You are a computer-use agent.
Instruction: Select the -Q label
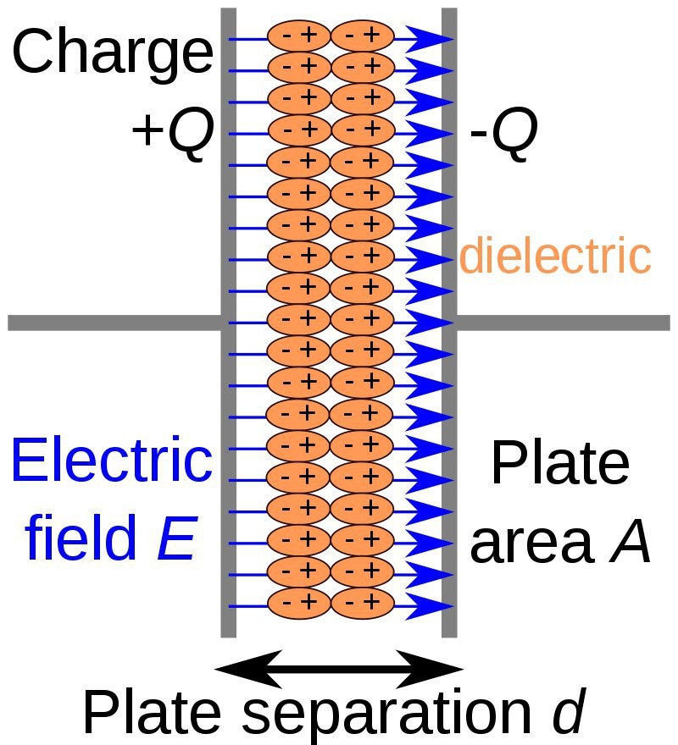pos(503,135)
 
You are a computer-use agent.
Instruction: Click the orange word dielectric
pos(555,256)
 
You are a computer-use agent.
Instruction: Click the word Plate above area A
pos(560,464)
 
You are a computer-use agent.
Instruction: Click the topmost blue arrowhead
pos(429,38)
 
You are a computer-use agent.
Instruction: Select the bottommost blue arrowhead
pos(429,604)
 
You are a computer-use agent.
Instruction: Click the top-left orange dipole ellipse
pos(297,36)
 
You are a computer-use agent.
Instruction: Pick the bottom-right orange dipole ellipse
pos(362,603)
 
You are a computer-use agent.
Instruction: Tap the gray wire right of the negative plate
pos(564,323)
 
